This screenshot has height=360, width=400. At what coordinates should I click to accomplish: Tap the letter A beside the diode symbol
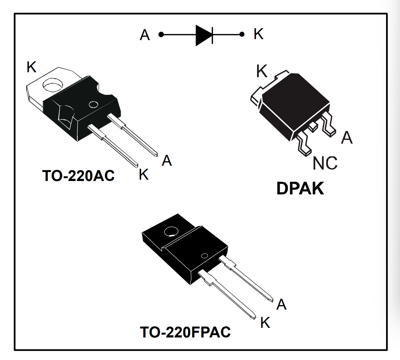click(x=145, y=35)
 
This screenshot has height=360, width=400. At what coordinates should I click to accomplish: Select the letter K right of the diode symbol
click(x=258, y=34)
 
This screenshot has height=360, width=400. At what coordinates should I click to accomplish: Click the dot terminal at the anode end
click(x=161, y=34)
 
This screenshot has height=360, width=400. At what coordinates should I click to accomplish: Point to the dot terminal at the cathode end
click(x=242, y=34)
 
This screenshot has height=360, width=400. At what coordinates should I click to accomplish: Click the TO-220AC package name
click(x=78, y=175)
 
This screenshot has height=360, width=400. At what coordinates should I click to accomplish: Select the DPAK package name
click(x=300, y=189)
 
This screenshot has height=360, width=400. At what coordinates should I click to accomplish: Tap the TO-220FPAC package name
click(x=185, y=332)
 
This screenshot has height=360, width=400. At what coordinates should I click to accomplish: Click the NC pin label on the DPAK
click(x=325, y=163)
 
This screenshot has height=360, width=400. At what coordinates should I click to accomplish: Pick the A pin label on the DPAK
click(x=347, y=137)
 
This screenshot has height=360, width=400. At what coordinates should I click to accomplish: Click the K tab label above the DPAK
click(x=262, y=71)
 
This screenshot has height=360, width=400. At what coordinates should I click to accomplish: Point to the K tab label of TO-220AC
click(x=32, y=67)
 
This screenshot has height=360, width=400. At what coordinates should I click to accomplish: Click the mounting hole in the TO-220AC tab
click(x=53, y=85)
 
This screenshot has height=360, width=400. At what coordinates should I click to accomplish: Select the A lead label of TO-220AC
click(x=167, y=160)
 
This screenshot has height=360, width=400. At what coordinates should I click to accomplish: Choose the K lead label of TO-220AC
click(x=144, y=174)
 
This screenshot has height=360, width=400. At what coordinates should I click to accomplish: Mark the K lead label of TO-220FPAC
click(x=265, y=322)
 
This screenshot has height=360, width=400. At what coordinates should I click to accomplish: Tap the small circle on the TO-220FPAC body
click(x=205, y=256)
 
